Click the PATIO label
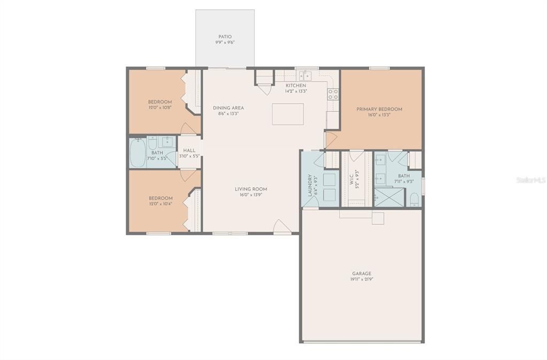coord(225,37)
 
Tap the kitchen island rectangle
coord(288,114)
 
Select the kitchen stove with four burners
coord(333,95)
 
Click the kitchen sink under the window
coord(306,75)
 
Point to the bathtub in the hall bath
coord(138,154)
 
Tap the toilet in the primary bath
coord(415,200)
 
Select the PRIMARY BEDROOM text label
coord(379,109)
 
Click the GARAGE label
coord(362,273)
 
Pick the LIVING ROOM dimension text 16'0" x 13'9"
coord(251,195)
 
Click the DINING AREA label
coord(228,108)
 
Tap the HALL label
coord(190,151)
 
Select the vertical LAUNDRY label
coord(309,185)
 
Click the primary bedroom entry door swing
coord(330,140)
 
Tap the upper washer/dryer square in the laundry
coord(331,178)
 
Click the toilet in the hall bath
coord(152,143)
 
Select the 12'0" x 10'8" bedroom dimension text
coord(160,107)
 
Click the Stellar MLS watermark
coord(530,181)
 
